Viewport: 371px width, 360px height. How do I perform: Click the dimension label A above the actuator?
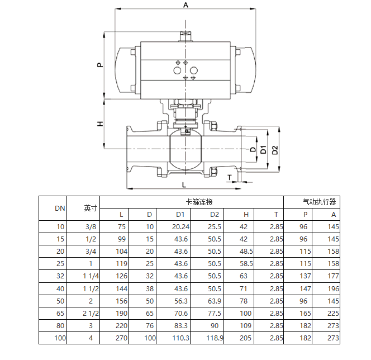(185, 4)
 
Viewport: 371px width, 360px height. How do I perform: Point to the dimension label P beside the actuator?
(101, 65)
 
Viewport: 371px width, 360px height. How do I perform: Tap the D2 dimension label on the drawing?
(275, 150)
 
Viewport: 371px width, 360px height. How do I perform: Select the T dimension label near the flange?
(230, 177)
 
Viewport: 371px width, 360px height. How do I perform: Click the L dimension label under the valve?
(184, 185)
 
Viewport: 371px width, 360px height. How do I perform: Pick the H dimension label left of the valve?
(101, 124)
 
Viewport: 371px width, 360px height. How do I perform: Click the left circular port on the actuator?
(177, 70)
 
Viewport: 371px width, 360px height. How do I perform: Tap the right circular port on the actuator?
(194, 70)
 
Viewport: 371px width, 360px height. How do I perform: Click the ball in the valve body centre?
(185, 149)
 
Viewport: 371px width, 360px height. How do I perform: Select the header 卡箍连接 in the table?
(199, 202)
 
